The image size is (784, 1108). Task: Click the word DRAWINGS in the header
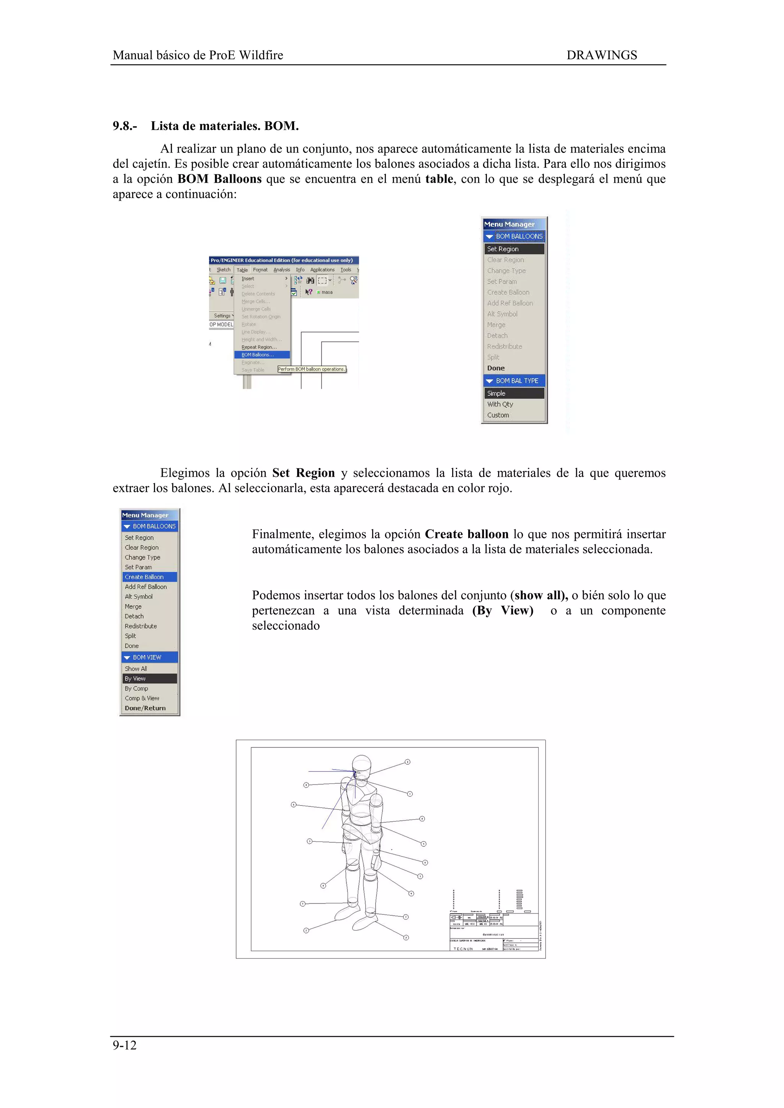[601, 55]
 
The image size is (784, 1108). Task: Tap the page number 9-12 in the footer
[125, 1045]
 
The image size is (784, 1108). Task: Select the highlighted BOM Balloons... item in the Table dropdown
[258, 355]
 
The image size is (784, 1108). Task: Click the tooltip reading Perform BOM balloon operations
[312, 369]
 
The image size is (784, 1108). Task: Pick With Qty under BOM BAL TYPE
[500, 405]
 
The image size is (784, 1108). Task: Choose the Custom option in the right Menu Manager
[498, 415]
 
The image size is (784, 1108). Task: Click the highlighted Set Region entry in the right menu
[503, 249]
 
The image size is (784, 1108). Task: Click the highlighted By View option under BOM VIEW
[135, 679]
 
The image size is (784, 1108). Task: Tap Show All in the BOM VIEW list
[136, 668]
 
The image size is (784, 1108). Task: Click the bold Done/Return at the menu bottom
[145, 708]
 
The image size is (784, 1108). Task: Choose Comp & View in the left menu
[142, 698]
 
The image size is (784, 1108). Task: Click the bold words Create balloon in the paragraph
[466, 534]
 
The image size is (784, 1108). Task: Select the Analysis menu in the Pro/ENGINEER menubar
[282, 270]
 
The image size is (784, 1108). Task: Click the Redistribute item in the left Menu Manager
[140, 626]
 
